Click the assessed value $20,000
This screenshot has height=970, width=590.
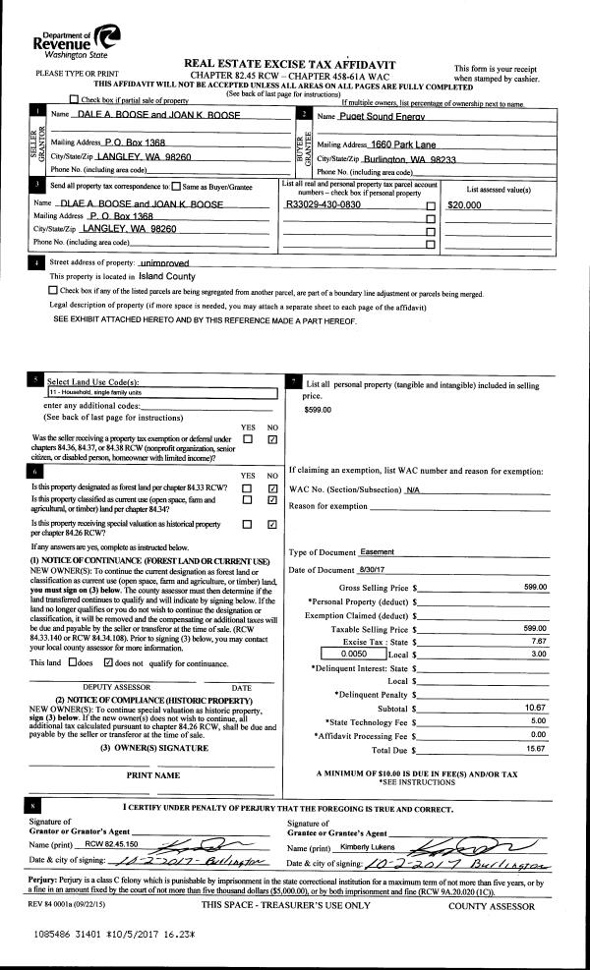[x=464, y=205]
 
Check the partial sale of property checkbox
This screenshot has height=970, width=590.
[x=75, y=100]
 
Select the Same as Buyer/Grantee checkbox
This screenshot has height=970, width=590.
[x=176, y=185]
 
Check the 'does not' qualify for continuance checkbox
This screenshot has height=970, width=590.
[x=110, y=663]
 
